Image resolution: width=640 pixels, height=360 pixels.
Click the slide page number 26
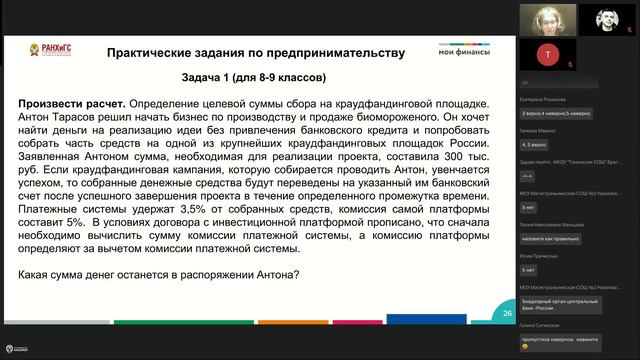(507, 314)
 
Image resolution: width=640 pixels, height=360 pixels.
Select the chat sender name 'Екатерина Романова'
(541, 100)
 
